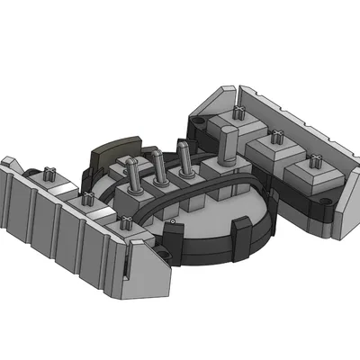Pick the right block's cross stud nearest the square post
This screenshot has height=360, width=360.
(x=240, y=114)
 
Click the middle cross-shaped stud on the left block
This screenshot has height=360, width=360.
(x=88, y=200)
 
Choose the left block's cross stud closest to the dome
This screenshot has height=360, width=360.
(x=120, y=223)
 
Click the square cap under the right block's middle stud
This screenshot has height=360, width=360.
(x=273, y=150)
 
